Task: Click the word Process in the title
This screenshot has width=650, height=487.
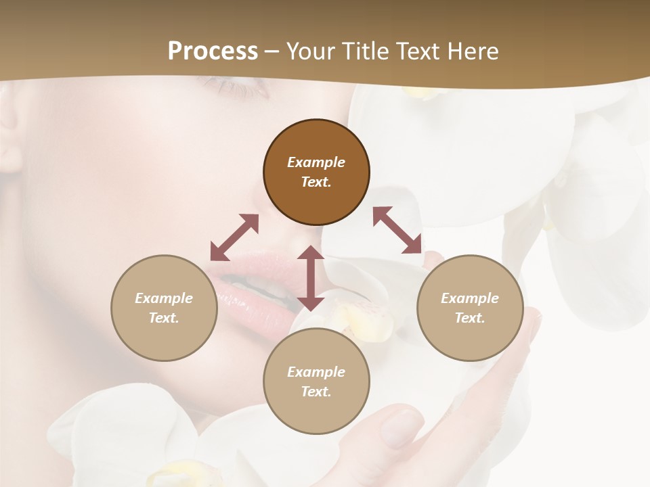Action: (213, 51)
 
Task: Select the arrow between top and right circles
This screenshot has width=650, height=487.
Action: (397, 231)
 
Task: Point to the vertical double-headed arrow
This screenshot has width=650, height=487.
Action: (311, 278)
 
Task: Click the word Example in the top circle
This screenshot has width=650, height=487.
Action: (316, 162)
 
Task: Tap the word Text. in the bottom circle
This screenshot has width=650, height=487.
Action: (316, 392)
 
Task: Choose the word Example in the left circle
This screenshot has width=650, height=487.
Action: (164, 298)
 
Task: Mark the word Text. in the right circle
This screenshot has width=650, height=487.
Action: (470, 318)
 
